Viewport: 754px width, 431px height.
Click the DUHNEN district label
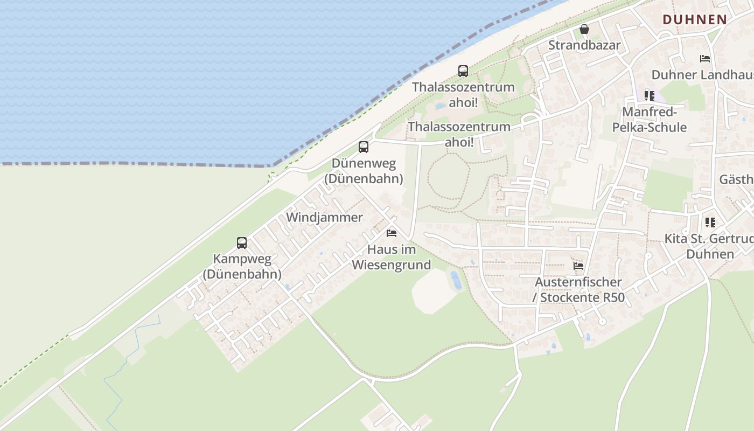pos(695,19)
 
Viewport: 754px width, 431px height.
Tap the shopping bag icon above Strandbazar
pos(584,29)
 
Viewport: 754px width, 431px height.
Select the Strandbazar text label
pos(584,45)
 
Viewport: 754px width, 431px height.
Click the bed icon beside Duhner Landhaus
pos(705,59)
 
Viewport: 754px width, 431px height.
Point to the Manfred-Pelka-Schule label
pos(650,120)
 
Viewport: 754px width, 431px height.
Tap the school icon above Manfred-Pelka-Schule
pos(650,96)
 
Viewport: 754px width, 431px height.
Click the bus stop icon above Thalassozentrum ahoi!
pos(463,71)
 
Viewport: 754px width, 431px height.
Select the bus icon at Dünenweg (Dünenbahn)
pos(364,147)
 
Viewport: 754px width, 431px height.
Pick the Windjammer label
pos(325,217)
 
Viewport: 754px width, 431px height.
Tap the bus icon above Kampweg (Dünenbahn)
pos(242,242)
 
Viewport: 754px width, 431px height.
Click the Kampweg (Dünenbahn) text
pos(242,266)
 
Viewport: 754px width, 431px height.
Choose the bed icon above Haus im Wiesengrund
pos(392,233)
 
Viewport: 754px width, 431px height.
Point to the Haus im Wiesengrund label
pos(392,257)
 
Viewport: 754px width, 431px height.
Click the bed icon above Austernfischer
pos(578,266)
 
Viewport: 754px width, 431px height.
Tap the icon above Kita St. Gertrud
pos(710,222)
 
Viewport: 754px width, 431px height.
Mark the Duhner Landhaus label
pos(702,74)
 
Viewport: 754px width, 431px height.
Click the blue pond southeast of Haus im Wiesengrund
pos(456,280)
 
